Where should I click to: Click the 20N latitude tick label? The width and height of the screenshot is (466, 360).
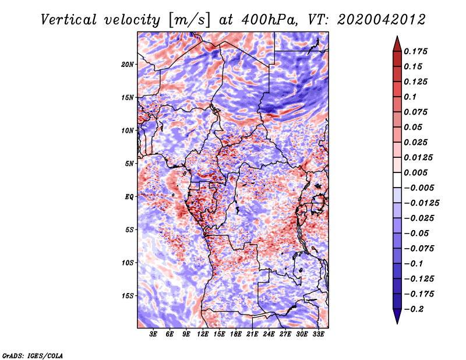128,65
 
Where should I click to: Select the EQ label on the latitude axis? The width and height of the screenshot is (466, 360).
129,197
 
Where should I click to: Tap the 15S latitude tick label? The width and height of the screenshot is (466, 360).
128,296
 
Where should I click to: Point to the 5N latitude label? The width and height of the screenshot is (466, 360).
129,164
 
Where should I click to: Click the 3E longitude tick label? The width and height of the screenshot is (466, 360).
153,334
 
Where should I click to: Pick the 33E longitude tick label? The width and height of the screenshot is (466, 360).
318,334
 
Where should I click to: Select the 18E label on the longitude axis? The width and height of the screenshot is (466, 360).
236,334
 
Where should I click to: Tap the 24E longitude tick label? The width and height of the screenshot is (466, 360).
269,334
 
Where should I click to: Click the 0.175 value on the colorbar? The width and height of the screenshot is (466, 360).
415,51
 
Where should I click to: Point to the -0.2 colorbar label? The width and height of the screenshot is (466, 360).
414,309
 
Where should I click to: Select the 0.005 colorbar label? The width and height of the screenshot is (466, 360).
415,172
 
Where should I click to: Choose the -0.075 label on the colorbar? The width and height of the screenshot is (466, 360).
419,249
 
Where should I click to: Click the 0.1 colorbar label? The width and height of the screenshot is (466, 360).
410,97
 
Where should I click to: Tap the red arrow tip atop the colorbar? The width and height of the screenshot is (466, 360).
397,36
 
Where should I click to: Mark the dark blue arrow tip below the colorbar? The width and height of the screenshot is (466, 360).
397,323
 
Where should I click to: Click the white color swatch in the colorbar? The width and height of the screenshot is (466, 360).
397,180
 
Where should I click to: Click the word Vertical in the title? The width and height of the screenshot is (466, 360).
69,20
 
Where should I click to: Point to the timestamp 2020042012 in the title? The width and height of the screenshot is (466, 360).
382,20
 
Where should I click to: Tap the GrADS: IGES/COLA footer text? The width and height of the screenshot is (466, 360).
33,356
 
